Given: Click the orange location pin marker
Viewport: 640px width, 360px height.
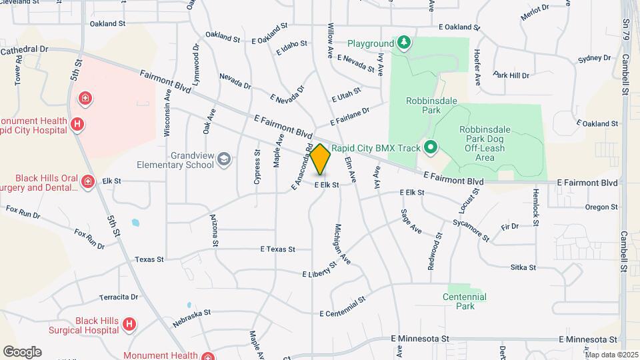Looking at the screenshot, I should click(321, 159).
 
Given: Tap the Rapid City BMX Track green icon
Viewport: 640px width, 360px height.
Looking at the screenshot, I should click(431, 147).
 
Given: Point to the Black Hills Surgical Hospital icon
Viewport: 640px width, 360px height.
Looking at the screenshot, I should click(130, 324).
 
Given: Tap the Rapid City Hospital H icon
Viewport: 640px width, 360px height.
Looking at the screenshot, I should click(77, 124).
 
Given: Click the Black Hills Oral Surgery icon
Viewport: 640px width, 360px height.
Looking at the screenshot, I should click(87, 181).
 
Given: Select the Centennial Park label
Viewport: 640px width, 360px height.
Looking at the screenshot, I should click(464, 301).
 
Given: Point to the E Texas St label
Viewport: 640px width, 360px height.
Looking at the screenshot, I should click(277, 249).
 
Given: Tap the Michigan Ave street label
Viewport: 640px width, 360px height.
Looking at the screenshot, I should click(342, 243).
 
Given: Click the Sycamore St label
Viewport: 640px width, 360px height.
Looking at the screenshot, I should click(471, 229).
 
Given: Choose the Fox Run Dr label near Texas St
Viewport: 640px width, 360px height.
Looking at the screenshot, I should click(90, 239).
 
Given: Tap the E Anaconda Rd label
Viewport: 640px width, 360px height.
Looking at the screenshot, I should click(300, 168).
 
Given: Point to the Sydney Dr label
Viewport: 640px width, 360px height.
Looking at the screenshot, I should click(595, 59).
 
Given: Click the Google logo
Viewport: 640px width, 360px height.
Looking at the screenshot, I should click(22, 351).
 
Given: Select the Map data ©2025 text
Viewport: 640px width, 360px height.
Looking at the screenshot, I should click(611, 354).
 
